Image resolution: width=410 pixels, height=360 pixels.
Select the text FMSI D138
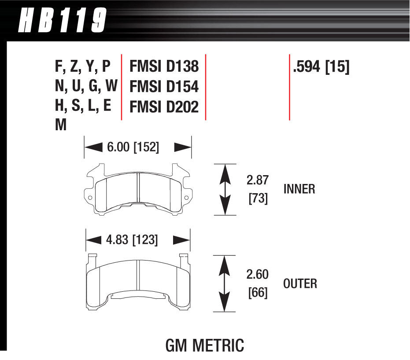point(164,67)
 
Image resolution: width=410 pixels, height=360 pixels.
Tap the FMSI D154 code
point(164,87)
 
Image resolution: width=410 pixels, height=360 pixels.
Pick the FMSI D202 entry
point(164,107)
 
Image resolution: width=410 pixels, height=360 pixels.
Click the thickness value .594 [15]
point(321,67)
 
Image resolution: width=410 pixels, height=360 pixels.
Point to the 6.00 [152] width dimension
point(133,147)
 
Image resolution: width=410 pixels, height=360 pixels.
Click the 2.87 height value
point(258,180)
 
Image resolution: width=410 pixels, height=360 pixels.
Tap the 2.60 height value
point(258,275)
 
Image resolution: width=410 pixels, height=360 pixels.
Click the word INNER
point(299,189)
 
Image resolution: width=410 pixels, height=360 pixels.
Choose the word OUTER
point(300,283)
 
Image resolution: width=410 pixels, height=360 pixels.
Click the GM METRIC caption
point(204,345)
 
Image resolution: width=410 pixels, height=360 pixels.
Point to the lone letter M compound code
point(61,126)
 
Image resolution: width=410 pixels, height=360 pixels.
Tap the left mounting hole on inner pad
point(90,198)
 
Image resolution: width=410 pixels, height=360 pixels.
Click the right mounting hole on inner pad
point(186,198)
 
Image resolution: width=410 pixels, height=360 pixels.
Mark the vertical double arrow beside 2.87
point(225,189)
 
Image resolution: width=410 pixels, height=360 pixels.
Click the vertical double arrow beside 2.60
point(225,283)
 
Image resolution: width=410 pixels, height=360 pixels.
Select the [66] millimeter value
point(258,293)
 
